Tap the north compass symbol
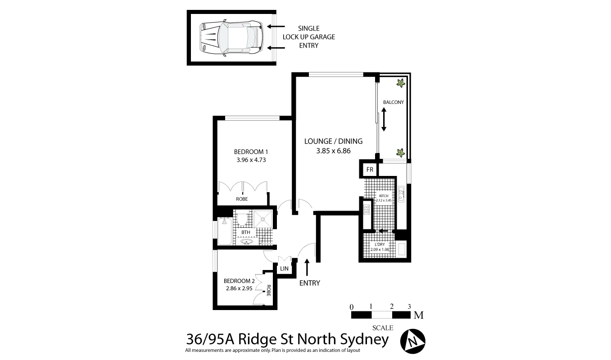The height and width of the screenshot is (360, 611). tap(413, 341)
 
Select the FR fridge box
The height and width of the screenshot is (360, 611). tap(370, 170)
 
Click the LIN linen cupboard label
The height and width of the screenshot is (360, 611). tap(284, 269)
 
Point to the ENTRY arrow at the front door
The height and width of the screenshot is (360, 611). tap(308, 267)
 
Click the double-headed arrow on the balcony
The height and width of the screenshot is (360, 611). tap(384, 120)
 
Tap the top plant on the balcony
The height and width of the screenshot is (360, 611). tap(400, 83)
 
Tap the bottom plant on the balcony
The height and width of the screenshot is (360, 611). tap(400, 152)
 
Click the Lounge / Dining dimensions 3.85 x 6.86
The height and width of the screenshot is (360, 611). tap(333, 151)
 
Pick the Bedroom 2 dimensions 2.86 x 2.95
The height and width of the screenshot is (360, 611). tap(239, 289)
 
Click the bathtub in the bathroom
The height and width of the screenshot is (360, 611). tap(224, 232)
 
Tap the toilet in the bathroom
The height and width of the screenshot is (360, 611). tap(242, 220)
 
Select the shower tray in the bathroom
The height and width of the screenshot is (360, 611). tap(263, 219)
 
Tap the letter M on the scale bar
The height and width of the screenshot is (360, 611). tap(419, 315)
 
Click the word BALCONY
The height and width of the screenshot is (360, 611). tap(394, 102)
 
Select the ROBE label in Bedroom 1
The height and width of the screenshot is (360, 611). tap(242, 199)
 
